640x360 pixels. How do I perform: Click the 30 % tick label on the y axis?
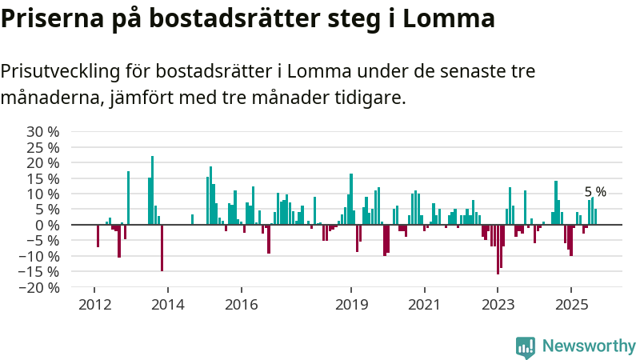pyautogui.click(x=43, y=131)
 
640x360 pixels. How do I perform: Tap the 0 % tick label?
pyautogui.click(x=47, y=225)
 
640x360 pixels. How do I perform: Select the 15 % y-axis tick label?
pyautogui.click(x=43, y=178)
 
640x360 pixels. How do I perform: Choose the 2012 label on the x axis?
pyautogui.click(x=94, y=304)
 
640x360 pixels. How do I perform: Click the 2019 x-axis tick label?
pyautogui.click(x=350, y=304)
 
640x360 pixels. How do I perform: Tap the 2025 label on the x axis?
pyautogui.click(x=571, y=304)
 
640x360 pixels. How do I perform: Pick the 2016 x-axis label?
pyautogui.click(x=241, y=304)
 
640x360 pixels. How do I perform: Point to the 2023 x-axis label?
pyautogui.click(x=498, y=304)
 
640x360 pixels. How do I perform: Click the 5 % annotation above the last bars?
pyautogui.click(x=595, y=192)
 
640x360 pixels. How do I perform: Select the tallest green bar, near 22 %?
pyautogui.click(x=152, y=190)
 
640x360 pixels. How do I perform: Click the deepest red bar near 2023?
pyautogui.click(x=498, y=250)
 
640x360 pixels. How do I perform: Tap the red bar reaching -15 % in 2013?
pyautogui.click(x=162, y=248)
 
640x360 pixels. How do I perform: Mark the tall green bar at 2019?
pyautogui.click(x=351, y=199)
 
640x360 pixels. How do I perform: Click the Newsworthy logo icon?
pyautogui.click(x=526, y=346)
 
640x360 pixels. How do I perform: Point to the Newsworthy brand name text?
pyautogui.click(x=589, y=346)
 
